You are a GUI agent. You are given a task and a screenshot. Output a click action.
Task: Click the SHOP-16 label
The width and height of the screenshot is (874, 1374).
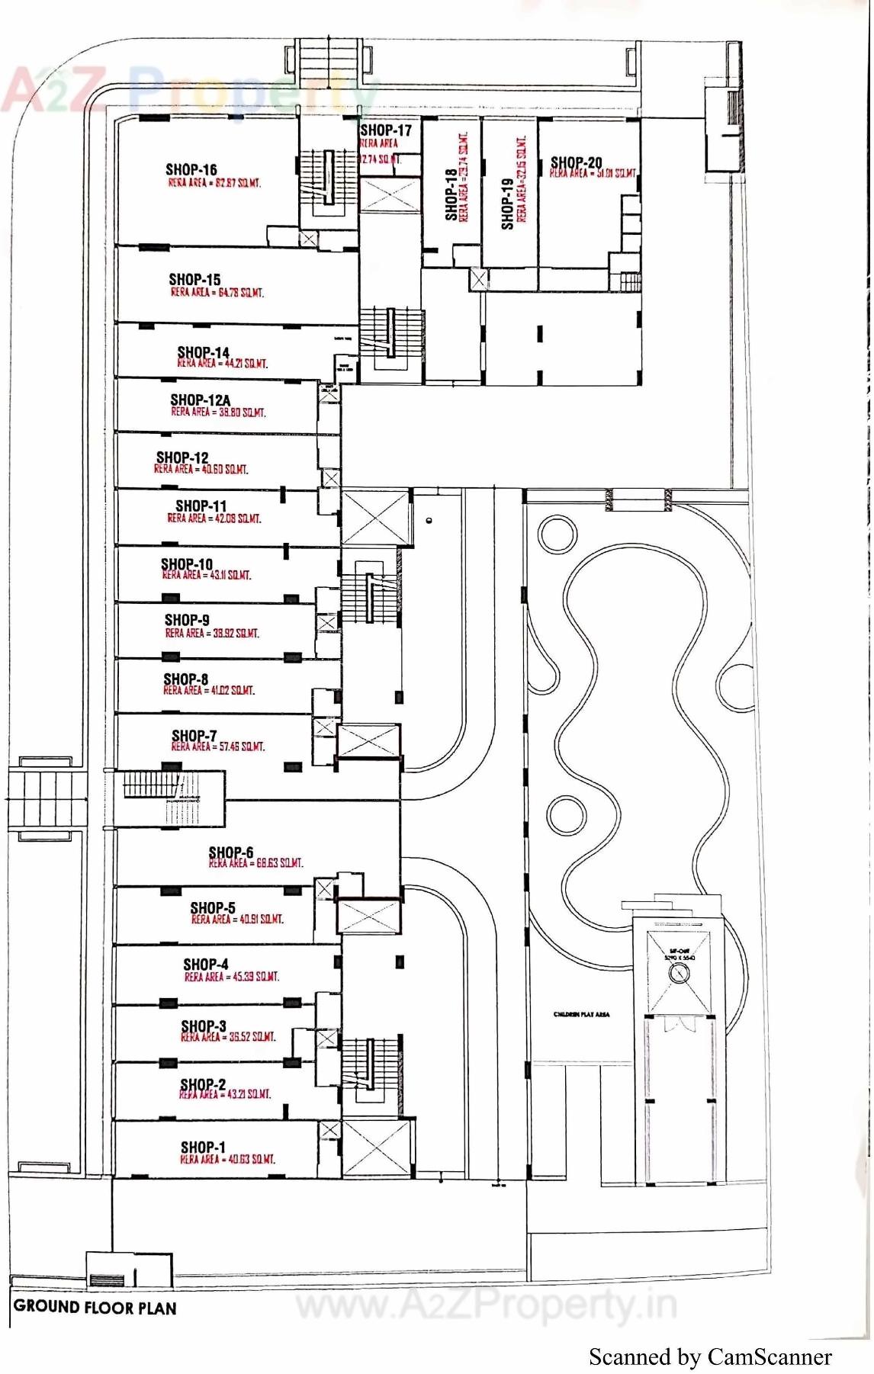[x=191, y=169]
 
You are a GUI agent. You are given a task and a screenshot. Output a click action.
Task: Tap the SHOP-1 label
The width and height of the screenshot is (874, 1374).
[x=203, y=1147]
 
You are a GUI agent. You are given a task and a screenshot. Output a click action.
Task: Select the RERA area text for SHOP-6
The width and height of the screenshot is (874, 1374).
[x=255, y=863]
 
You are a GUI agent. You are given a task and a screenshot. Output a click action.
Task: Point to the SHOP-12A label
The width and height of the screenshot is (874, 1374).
[x=200, y=400]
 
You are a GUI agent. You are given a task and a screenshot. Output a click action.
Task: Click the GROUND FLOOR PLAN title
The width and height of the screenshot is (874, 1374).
[x=95, y=1307]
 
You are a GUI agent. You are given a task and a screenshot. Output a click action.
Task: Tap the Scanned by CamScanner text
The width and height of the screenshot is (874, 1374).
[x=709, y=1356]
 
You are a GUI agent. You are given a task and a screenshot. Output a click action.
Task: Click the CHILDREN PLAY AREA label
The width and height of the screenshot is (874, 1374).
[x=581, y=1014]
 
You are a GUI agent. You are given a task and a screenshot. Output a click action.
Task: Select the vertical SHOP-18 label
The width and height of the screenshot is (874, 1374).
[x=451, y=195]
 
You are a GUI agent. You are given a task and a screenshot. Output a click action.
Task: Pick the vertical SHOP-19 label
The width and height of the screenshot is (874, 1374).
[x=507, y=203]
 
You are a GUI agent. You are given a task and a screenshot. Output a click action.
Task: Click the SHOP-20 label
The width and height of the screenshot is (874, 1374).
[x=576, y=162]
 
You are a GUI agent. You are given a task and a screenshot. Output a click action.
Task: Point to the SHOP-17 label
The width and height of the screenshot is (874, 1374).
[x=386, y=130]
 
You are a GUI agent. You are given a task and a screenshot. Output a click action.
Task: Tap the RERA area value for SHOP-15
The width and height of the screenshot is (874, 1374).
[x=217, y=292]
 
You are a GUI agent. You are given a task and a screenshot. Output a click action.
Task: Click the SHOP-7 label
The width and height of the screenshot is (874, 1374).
[x=194, y=735]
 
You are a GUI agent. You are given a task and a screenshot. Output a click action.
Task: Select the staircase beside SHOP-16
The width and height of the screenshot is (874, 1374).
[x=328, y=178]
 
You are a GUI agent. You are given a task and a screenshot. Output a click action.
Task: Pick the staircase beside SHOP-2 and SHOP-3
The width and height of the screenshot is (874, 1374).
[x=369, y=1064]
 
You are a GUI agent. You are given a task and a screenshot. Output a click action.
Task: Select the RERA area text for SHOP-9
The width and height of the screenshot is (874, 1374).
[x=212, y=633]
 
